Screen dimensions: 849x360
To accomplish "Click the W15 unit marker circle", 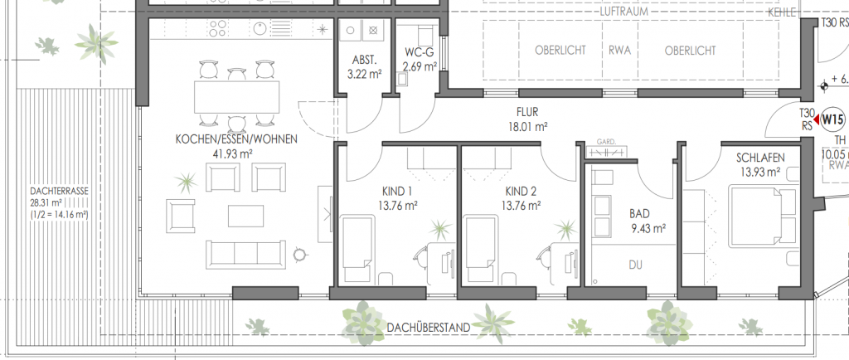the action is [832, 118].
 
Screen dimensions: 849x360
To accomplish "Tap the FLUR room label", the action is [526, 113].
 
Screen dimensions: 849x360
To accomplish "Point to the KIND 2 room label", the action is [521, 191].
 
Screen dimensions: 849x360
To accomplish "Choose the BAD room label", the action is [639, 213].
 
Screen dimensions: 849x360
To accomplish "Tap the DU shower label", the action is [636, 265].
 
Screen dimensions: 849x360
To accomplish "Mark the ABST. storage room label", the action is [364, 60].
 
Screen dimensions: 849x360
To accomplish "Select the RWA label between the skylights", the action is [620, 51].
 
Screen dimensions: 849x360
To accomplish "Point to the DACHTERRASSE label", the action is [59, 191].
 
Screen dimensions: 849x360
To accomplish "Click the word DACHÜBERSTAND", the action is [429, 328].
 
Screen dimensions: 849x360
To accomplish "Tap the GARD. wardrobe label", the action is [606, 142].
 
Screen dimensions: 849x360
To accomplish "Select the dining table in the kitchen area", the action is [236, 97].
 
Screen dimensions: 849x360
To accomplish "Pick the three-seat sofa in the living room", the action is [245, 255].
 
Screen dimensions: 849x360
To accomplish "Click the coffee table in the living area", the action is [245, 216].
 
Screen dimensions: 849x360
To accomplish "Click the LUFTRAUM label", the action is [624, 12].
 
